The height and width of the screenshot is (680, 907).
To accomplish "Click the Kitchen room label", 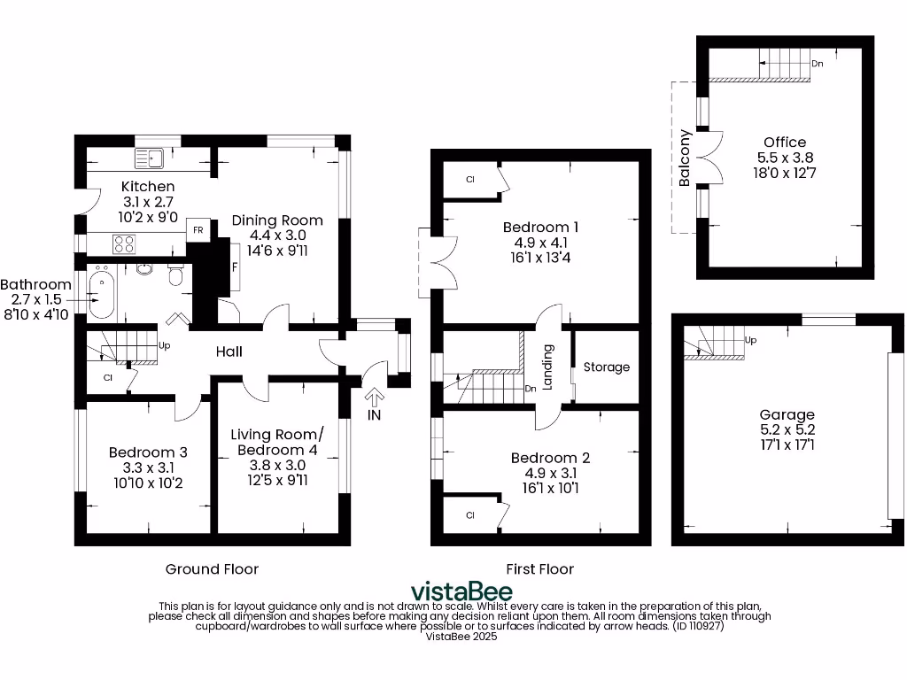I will [148, 186].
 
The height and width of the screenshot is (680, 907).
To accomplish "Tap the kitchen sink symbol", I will [149, 158].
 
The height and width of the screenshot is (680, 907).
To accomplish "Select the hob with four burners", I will [124, 242].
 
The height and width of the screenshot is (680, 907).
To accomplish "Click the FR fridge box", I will [198, 229].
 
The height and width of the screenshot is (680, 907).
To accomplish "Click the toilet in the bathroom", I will [175, 278].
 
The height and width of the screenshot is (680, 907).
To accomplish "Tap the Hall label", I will [229, 352].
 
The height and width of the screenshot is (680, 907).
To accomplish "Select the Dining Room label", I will [277, 220].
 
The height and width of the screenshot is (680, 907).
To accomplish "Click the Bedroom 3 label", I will [148, 452].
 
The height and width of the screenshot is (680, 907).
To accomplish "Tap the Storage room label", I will [607, 367].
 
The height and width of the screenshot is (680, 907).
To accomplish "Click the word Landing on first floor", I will [548, 367].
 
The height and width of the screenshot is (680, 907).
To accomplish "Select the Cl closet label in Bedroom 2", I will [470, 514].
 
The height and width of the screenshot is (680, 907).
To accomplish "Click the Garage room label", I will [787, 414].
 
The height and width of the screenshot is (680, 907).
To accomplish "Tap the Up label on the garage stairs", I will [751, 340].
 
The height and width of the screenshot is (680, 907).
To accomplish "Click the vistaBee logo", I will [461, 591].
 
